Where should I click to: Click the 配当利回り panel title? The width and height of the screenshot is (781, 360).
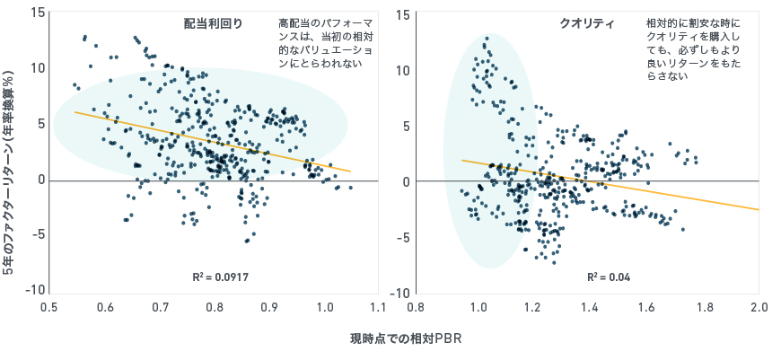pyautogui.click(x=213, y=23)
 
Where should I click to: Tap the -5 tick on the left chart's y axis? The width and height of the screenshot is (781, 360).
pyautogui.click(x=38, y=235)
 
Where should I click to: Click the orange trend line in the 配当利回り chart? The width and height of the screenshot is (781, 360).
pyautogui.click(x=213, y=142)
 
